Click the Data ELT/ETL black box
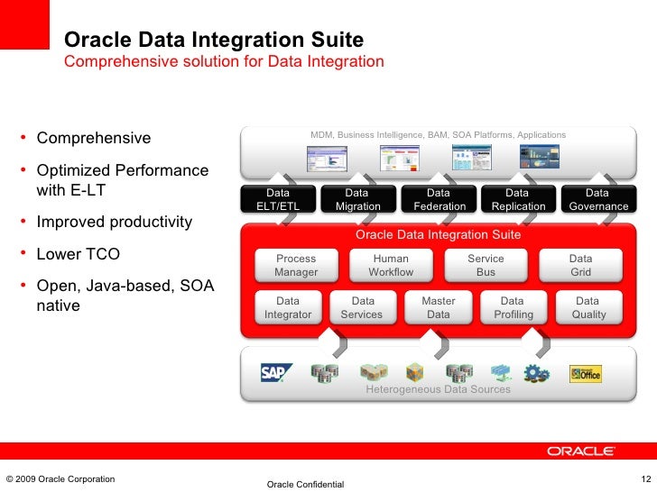279,199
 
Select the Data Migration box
358,199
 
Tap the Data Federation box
439,199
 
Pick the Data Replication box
518,199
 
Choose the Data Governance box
597,199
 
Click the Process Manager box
296,265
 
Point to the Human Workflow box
391,265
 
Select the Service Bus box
486,265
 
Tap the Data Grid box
580,265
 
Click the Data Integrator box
288,307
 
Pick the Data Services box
363,307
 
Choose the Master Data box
438,307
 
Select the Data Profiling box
513,307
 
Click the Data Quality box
588,307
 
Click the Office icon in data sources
585,373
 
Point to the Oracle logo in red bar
581,451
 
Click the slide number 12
644,478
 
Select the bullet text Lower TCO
78,254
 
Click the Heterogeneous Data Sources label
438,389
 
